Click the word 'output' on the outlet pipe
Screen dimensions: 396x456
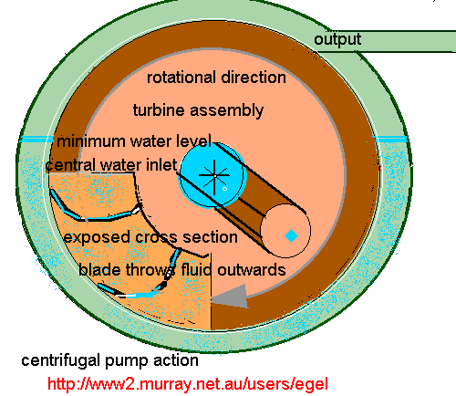[x=337, y=39]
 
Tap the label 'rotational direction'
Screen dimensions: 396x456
[x=216, y=78]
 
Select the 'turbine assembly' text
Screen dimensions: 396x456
[x=198, y=110]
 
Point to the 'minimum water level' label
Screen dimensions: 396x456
[x=134, y=141]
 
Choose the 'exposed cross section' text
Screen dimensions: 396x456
[x=150, y=237]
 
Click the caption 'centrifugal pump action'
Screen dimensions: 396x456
[x=98, y=360]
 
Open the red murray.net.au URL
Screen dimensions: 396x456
[x=186, y=383]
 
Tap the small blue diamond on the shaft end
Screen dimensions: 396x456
[x=291, y=235]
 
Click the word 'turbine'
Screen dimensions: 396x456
[x=158, y=110]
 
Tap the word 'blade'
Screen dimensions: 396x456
[x=97, y=270]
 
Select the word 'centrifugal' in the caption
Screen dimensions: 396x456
[x=57, y=360]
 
